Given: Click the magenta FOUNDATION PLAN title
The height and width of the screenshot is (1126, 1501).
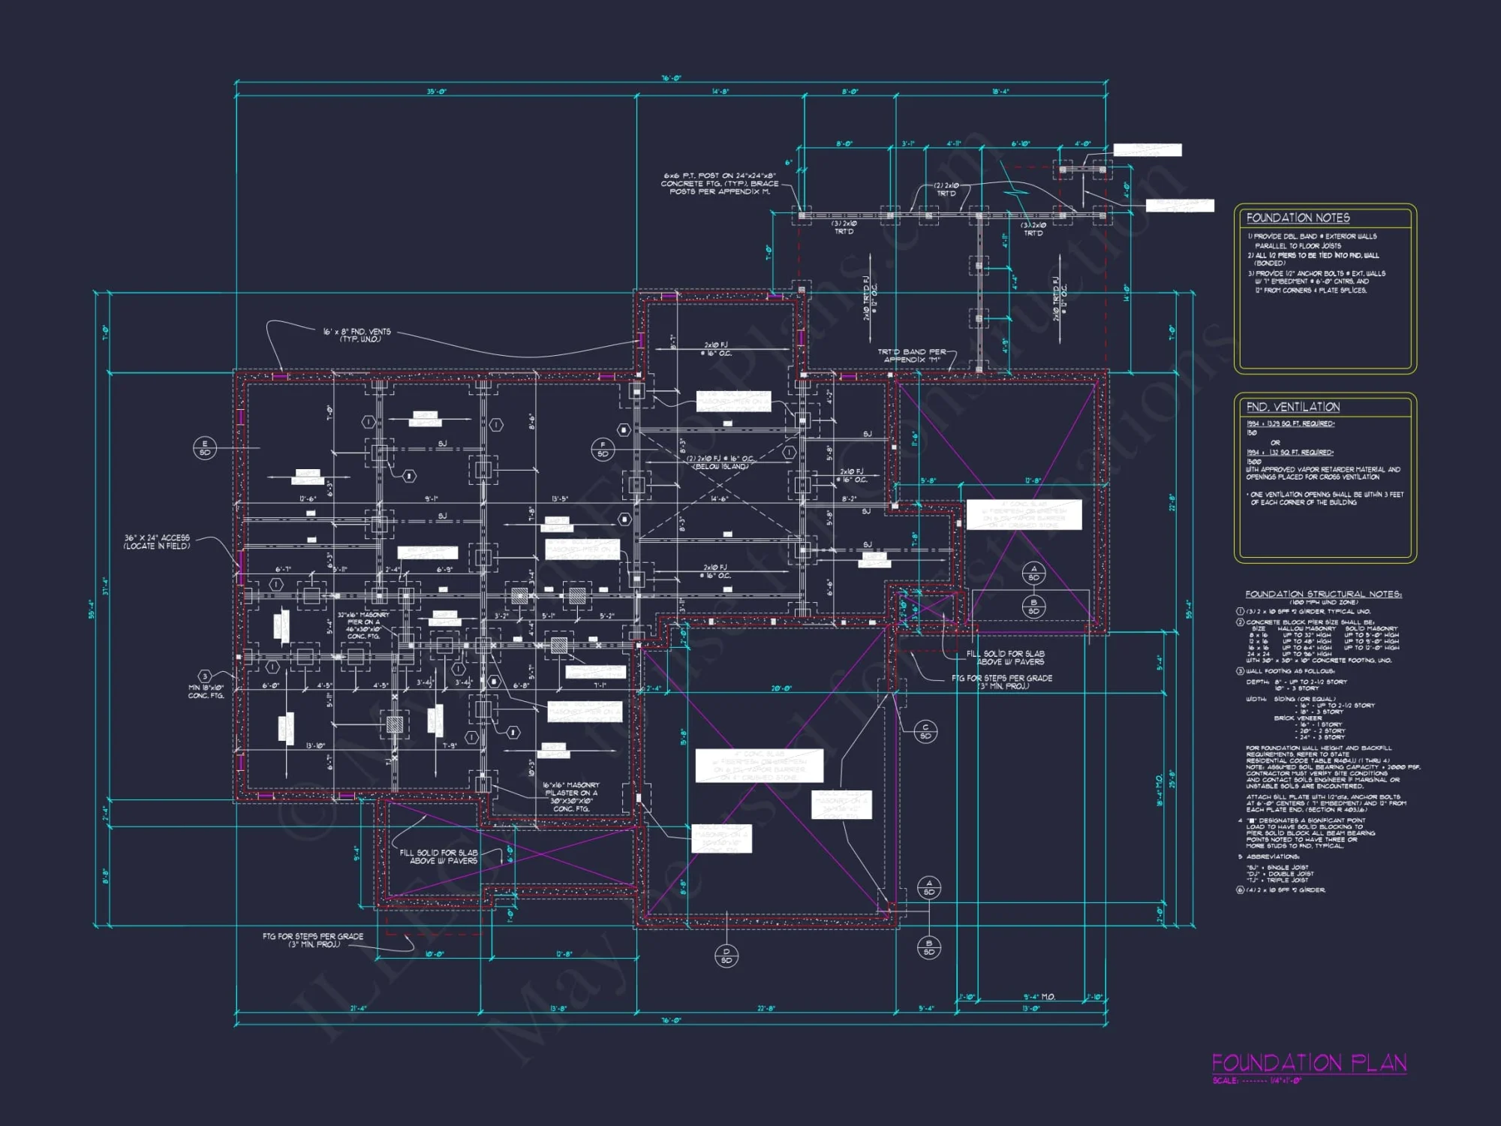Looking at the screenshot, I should click(1309, 1063).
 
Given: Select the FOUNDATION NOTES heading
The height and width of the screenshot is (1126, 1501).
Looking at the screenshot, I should click(1298, 218).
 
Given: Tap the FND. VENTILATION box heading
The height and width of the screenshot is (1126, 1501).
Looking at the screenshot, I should click(1292, 407).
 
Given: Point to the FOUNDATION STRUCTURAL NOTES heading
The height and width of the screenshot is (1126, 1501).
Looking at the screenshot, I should click(1323, 594).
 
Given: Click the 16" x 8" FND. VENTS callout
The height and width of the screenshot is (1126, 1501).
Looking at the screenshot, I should click(356, 335).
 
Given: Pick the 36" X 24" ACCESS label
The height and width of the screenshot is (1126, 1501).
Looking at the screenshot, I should click(157, 542).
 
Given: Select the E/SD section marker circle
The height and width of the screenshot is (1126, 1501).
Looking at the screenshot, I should click(204, 448).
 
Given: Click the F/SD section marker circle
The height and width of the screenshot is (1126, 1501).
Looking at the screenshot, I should click(603, 450).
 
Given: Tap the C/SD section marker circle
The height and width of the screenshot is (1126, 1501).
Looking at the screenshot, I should click(925, 731).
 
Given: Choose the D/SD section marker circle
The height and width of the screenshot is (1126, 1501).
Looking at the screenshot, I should click(726, 956).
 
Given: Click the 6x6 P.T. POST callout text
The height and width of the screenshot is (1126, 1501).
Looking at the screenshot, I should click(719, 183).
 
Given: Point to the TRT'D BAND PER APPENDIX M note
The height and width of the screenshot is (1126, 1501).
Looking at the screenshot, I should click(912, 355).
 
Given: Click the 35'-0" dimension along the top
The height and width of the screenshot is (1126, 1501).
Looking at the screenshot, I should click(436, 92).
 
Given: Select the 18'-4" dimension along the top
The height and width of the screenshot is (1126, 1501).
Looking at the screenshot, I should click(1000, 92).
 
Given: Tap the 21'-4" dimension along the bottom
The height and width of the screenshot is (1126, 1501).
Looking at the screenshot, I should click(358, 1008).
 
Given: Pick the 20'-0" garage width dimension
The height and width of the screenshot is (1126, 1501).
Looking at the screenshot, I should click(781, 688).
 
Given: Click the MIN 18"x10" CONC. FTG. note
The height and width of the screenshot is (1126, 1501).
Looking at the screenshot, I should click(206, 691).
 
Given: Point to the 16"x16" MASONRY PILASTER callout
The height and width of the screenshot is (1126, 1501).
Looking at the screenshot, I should click(570, 796).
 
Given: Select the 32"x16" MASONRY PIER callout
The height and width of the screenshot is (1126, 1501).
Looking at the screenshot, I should click(363, 625).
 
